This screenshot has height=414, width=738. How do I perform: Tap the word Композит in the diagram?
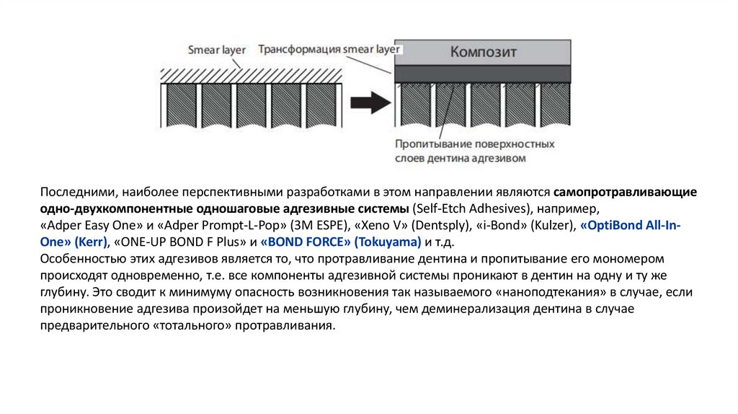pos(484,52)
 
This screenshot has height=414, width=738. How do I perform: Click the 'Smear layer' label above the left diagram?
pos(216,50)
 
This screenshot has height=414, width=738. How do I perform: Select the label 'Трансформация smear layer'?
pos(329,50)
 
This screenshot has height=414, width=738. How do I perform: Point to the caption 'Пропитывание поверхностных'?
pos(474,144)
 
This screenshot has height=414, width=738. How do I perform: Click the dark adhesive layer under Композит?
pos(484,74)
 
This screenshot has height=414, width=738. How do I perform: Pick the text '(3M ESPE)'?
pos(320,225)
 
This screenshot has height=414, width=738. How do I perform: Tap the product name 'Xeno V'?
pos(378,225)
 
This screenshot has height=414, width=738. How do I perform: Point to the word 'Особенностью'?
pos(81,257)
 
